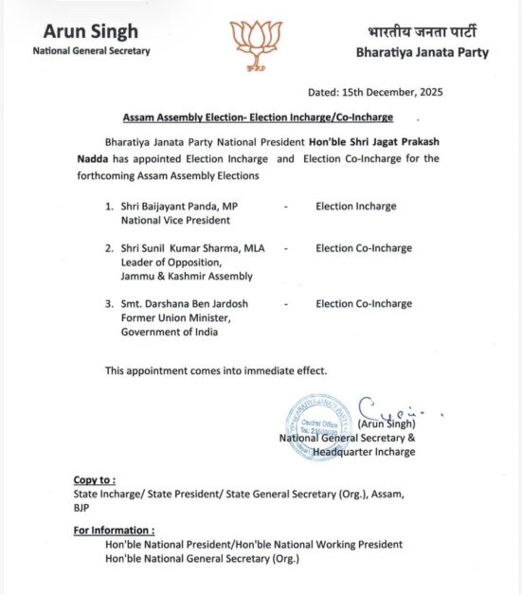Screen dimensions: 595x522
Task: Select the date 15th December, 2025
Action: (375, 92)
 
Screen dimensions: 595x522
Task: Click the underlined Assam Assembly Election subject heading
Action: (257, 117)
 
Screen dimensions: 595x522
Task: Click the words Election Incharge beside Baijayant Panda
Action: (355, 207)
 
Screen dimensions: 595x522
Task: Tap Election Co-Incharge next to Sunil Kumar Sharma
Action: (364, 248)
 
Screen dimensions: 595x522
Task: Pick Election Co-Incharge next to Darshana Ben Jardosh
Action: (364, 304)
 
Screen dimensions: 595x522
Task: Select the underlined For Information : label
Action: (114, 531)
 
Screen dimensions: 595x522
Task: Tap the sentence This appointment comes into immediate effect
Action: (216, 370)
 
